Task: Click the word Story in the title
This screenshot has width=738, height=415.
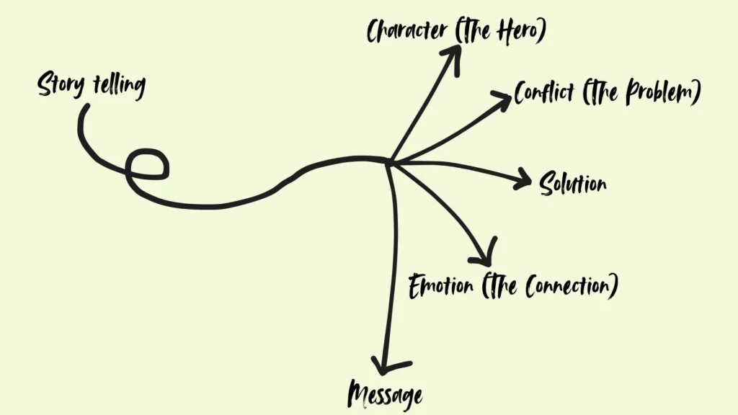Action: pyautogui.click(x=61, y=86)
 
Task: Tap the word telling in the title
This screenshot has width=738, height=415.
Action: pyautogui.click(x=119, y=85)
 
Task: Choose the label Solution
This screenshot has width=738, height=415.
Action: pyautogui.click(x=573, y=184)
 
